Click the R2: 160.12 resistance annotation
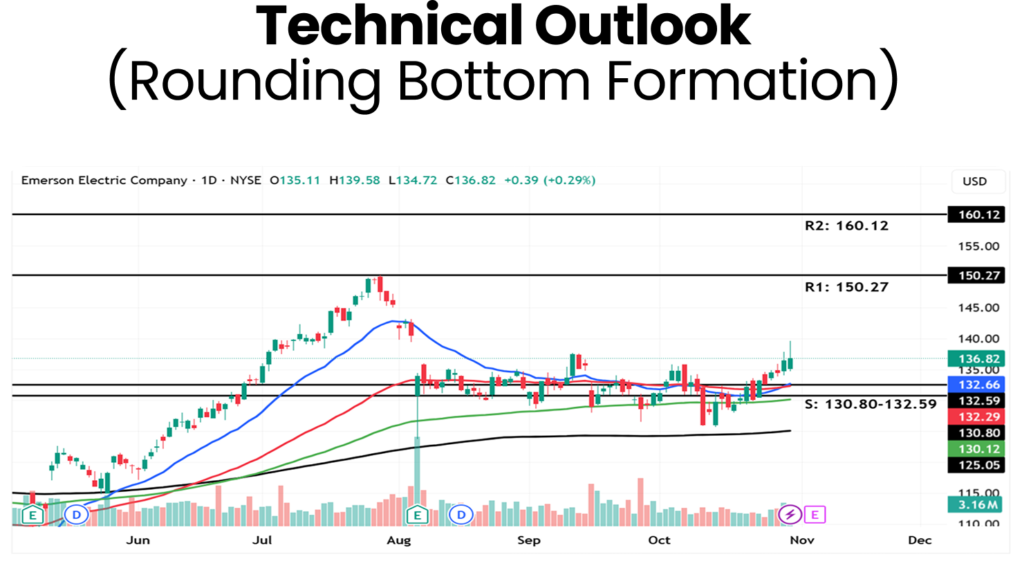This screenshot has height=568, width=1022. point(846,226)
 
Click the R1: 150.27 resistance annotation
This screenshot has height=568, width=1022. point(846,287)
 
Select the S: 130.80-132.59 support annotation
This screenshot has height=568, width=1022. point(871,404)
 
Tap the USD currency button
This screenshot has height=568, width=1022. point(974,181)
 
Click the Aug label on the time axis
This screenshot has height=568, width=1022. point(399,540)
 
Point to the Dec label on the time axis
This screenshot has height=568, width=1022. point(920,540)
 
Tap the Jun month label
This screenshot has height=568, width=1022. point(138,540)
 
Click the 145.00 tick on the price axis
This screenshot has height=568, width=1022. point(978,308)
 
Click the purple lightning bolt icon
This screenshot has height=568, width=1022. point(790,514)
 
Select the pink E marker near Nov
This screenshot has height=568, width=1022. point(815,514)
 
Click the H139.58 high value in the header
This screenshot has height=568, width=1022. point(355,181)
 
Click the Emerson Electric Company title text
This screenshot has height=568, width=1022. point(104,181)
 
